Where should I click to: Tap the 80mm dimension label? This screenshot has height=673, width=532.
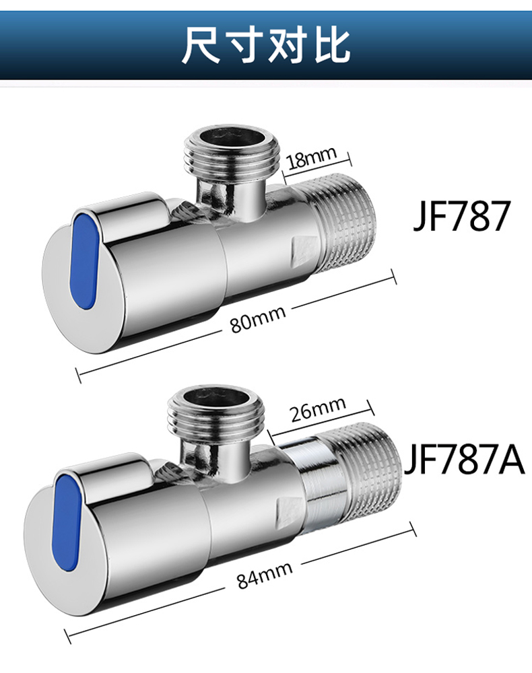click(258, 318)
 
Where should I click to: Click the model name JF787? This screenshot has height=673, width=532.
click(461, 216)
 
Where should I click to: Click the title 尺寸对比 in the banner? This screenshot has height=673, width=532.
click(266, 44)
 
